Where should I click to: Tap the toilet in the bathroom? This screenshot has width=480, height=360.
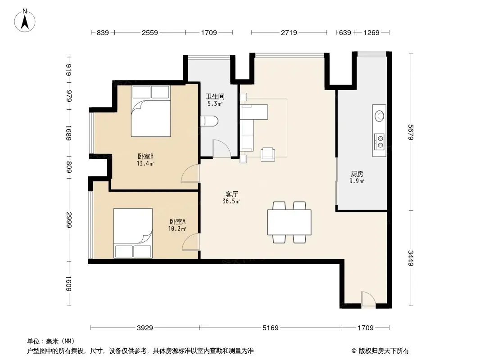pyautogui.click(x=209, y=121)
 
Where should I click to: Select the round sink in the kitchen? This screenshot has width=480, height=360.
pyautogui.click(x=380, y=116)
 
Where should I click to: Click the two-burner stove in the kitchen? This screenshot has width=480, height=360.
pyautogui.click(x=380, y=141)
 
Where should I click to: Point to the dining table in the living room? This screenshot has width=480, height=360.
pyautogui.click(x=289, y=222)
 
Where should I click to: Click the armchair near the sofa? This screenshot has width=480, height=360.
pyautogui.click(x=268, y=154)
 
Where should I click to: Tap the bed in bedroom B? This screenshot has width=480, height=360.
pyautogui.click(x=151, y=111)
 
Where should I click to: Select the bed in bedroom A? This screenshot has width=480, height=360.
pyautogui.click(x=133, y=233)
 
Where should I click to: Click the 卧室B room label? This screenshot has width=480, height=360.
pyautogui.click(x=145, y=156)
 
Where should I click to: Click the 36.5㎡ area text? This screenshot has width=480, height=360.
pyautogui.click(x=231, y=201)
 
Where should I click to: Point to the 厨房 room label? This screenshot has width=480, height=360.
pyautogui.click(x=357, y=174)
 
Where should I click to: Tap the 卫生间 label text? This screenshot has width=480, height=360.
pyautogui.click(x=215, y=96)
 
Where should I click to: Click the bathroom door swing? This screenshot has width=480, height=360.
pyautogui.click(x=222, y=148)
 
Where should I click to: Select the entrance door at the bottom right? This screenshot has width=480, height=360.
pyautogui.click(x=368, y=299)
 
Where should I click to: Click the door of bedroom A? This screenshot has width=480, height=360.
pyautogui.click(x=191, y=242)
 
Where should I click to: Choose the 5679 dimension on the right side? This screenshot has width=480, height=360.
pyautogui.click(x=411, y=132)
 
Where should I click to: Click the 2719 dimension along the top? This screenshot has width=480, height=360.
pyautogui.click(x=289, y=32)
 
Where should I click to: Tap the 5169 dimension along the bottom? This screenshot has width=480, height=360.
pyautogui.click(x=271, y=328)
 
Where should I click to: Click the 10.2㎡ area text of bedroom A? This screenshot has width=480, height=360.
pyautogui.click(x=177, y=229)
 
